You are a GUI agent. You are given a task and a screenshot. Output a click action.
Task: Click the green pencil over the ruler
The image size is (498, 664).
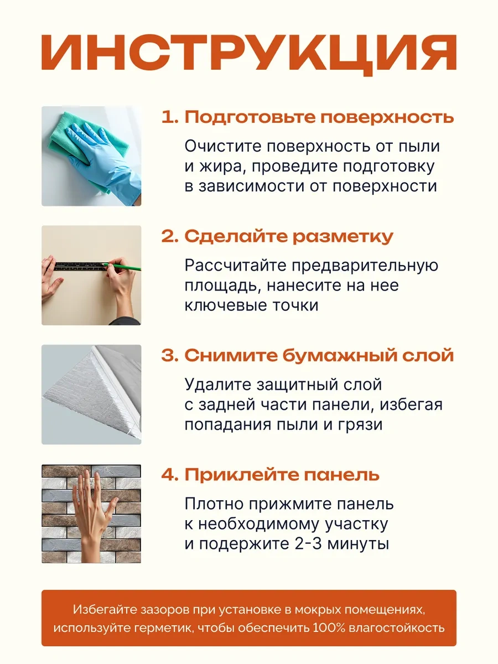[x=122, y=266]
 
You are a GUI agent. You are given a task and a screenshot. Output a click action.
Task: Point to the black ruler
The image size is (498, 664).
[x=81, y=266]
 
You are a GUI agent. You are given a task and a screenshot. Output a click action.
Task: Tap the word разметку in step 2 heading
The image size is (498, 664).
[x=343, y=237]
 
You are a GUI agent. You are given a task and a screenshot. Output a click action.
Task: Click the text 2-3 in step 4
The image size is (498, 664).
[x=307, y=544]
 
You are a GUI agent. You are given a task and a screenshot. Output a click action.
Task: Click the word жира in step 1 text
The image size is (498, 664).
[x=221, y=167]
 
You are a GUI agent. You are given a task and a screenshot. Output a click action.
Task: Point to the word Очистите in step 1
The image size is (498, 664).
[x=222, y=147]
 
